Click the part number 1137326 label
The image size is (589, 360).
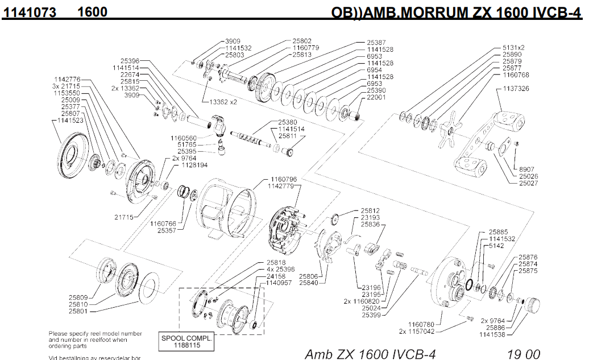(x=516, y=89)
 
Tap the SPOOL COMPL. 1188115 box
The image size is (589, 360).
(x=186, y=341)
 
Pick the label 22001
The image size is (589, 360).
(x=376, y=97)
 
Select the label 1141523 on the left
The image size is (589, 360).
(x=67, y=121)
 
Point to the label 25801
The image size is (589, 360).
(x=78, y=311)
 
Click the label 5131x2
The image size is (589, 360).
(x=513, y=47)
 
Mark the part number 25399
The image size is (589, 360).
(x=371, y=315)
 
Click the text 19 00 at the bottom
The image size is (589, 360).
(x=524, y=354)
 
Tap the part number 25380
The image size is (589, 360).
(x=288, y=122)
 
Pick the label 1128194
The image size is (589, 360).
(x=194, y=165)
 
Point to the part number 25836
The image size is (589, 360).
(x=371, y=225)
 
